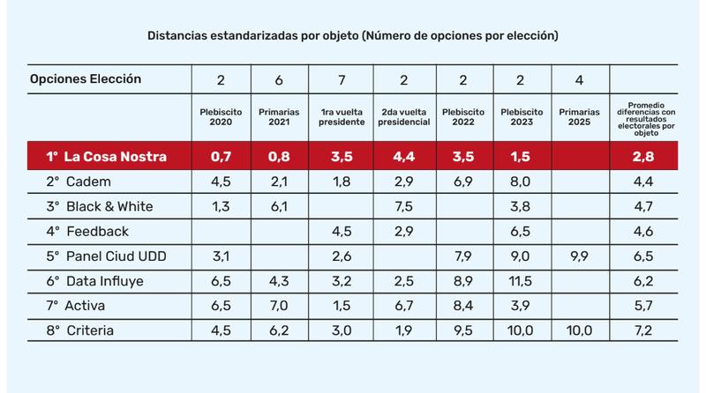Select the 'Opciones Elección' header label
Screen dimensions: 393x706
coord(86,78)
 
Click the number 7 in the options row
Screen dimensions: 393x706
coord(340,80)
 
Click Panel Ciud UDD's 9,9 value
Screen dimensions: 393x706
coord(578,256)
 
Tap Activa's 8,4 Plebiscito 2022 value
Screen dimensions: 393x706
coord(460,306)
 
